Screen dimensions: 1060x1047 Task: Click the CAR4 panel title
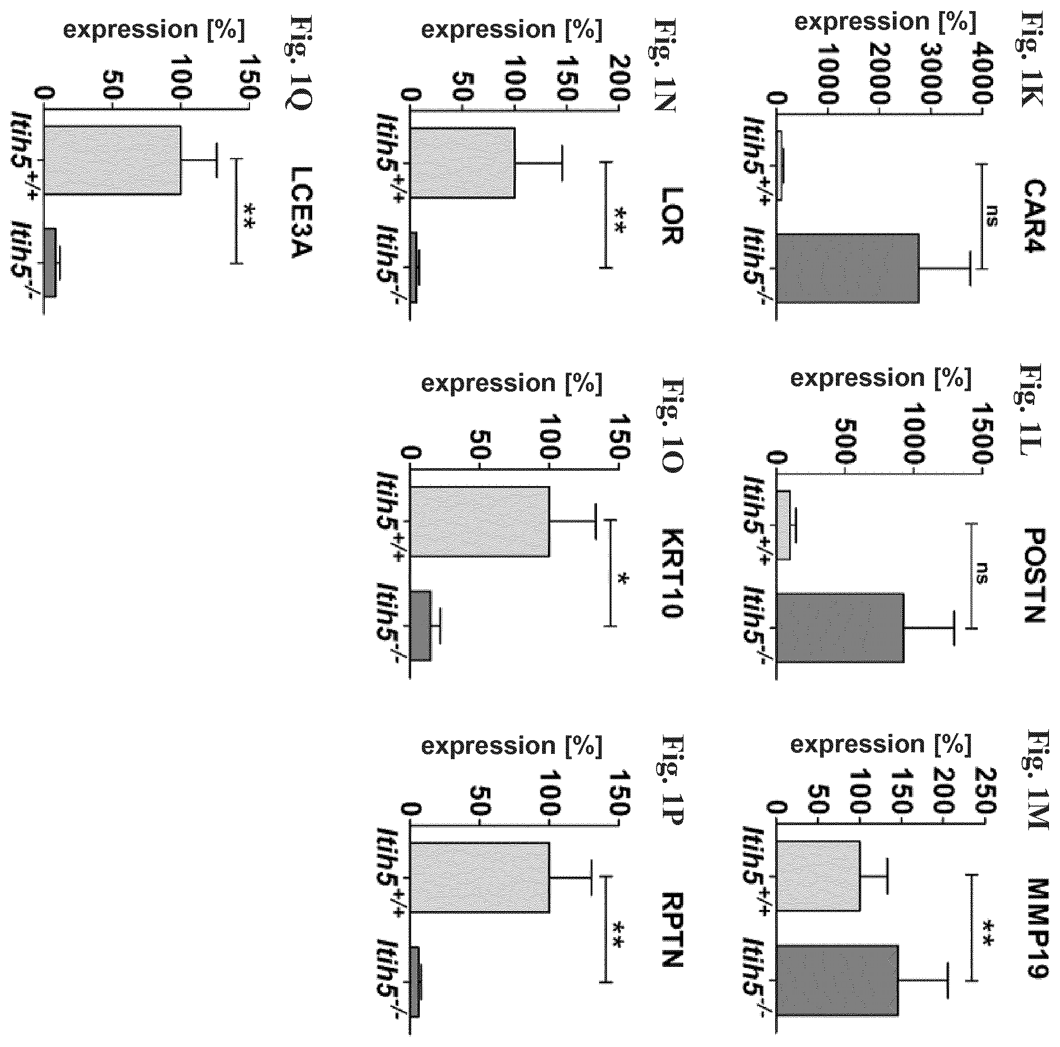click(x=1035, y=215)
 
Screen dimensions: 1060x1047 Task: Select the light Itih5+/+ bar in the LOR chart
click(x=463, y=163)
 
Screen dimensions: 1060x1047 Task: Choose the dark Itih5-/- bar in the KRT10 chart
click(x=421, y=625)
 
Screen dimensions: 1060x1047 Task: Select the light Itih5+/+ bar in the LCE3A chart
click(x=113, y=160)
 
